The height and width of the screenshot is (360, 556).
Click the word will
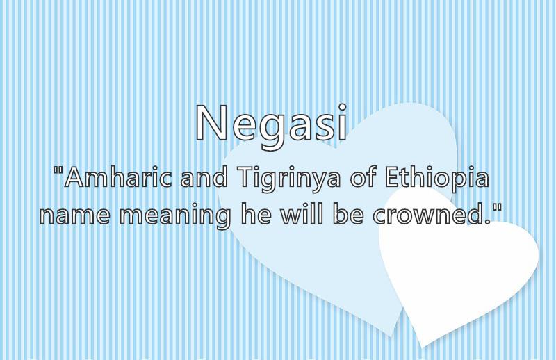pyautogui.click(x=302, y=214)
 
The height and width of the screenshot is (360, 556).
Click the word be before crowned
pyautogui.click(x=348, y=214)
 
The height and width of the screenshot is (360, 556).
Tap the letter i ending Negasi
pyautogui.click(x=342, y=122)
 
